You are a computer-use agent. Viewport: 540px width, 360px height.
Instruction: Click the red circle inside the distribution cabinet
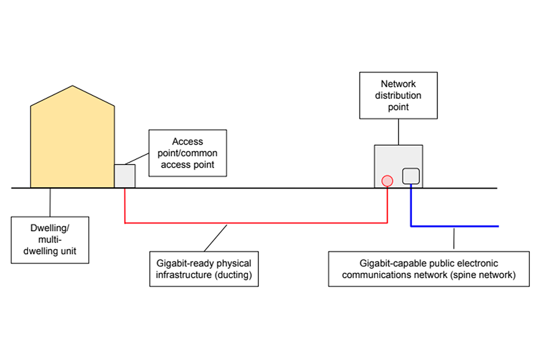point(387,181)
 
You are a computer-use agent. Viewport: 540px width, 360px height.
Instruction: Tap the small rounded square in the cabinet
point(411,176)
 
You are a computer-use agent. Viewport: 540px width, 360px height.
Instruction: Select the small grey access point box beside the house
point(125,175)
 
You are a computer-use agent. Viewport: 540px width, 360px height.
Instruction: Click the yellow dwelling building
point(72,146)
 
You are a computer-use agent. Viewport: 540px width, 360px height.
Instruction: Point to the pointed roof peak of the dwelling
point(72,87)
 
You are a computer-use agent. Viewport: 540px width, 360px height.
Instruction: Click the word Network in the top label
point(398,84)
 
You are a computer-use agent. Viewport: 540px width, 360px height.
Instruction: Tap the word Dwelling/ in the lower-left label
point(50,229)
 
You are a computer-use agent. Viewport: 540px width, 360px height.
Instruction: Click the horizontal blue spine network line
point(456,226)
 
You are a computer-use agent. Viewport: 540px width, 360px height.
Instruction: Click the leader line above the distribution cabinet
point(398,132)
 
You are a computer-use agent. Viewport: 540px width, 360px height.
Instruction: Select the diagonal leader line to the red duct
point(215,237)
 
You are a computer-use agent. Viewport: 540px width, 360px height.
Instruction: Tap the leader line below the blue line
point(454,238)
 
